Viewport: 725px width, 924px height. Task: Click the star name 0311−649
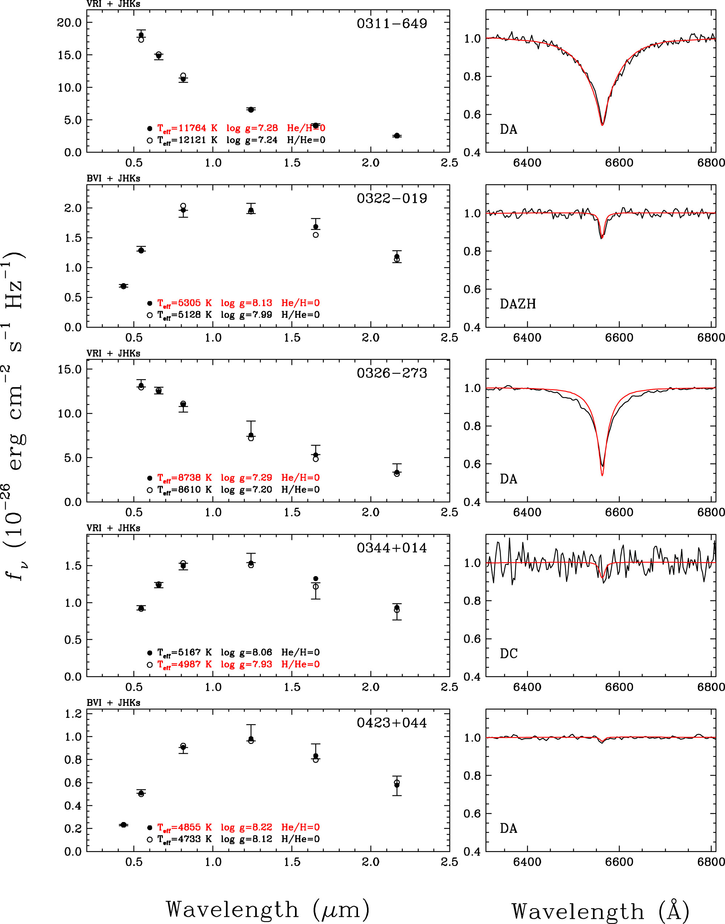tap(391, 23)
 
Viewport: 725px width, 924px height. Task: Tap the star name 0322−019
tap(391, 199)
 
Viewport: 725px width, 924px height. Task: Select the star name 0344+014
tap(391, 548)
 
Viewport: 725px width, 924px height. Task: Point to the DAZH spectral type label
tap(518, 304)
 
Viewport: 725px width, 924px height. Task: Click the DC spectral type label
tap(509, 653)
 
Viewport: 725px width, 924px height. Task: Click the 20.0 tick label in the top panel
tap(69, 22)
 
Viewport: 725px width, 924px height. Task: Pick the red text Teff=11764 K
tap(187, 128)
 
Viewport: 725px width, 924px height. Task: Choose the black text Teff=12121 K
tap(187, 140)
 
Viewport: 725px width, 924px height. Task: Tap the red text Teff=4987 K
tap(184, 664)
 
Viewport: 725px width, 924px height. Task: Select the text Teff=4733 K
tap(184, 839)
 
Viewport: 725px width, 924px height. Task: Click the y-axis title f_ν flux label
tap(15, 416)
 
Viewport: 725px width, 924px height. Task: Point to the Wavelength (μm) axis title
tap(267, 909)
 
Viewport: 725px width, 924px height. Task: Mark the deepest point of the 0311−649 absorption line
tap(602, 124)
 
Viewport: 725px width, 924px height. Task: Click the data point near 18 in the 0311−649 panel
tap(141, 35)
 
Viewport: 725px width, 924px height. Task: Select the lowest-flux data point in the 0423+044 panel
tap(123, 825)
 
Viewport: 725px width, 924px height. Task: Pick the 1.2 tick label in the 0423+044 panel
tap(73, 714)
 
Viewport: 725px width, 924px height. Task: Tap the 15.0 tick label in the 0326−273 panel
tap(69, 369)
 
